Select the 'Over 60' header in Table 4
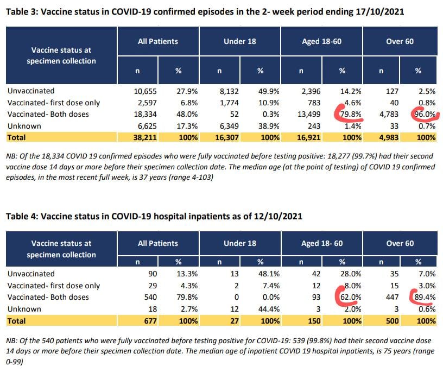(x=400, y=243)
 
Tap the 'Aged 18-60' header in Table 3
(x=322, y=41)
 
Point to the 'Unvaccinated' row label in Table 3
(x=30, y=91)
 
